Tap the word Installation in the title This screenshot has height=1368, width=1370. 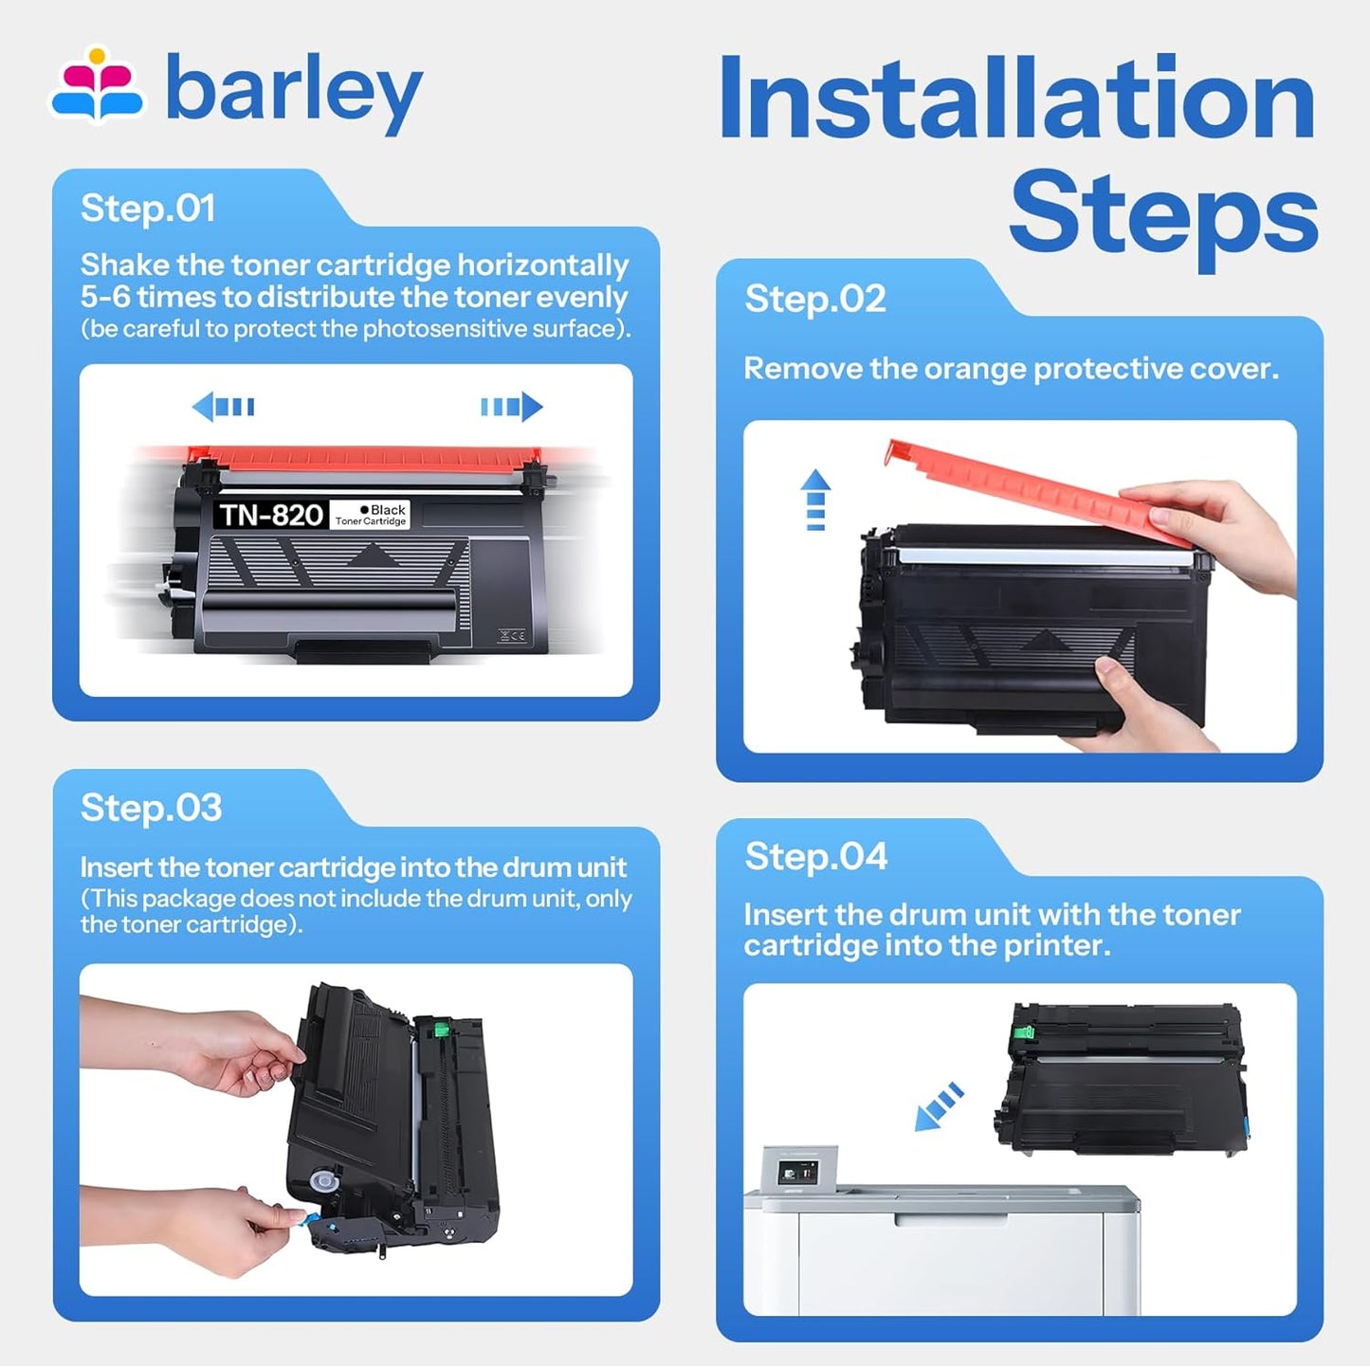pyautogui.click(x=1017, y=97)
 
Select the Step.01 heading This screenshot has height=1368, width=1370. pyautogui.click(x=148, y=209)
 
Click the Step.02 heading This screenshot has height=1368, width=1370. pyautogui.click(x=815, y=299)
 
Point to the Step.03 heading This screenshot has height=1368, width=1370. pyautogui.click(x=152, y=809)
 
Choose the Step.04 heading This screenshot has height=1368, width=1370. pyautogui.click(x=816, y=856)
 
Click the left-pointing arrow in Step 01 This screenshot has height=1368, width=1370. pyautogui.click(x=223, y=407)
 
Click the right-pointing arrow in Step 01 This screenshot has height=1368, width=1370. pyautogui.click(x=512, y=407)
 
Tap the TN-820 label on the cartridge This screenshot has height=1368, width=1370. pyautogui.click(x=271, y=515)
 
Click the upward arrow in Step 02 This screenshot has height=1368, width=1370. pyautogui.click(x=815, y=500)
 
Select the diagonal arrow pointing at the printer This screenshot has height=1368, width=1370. pyautogui.click(x=940, y=1106)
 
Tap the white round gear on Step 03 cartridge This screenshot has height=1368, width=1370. pyautogui.click(x=324, y=1181)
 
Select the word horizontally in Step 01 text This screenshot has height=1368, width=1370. pyautogui.click(x=542, y=265)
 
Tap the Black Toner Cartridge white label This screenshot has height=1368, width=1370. pyautogui.click(x=371, y=515)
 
